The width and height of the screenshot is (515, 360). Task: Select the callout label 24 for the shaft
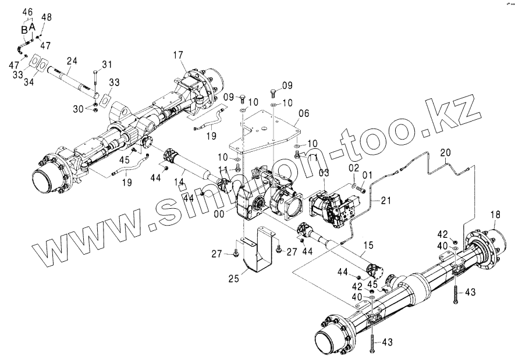pos(72,60)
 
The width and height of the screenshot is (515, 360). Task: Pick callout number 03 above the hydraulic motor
pos(324,173)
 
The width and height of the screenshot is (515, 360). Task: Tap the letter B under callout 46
pos(24,29)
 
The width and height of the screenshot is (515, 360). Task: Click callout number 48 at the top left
pos(46,17)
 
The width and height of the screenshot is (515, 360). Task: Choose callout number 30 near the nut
pos(79,109)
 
